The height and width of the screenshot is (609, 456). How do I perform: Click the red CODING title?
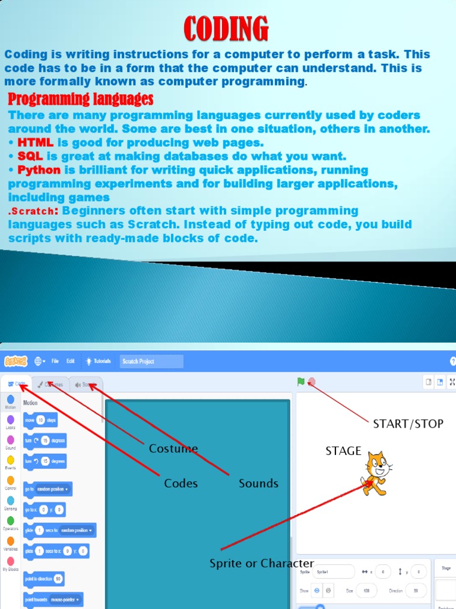point(226,29)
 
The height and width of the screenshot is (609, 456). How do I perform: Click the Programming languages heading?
point(81,99)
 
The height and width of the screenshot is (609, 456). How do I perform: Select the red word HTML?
point(36,143)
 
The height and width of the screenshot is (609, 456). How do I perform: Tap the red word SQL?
point(30,156)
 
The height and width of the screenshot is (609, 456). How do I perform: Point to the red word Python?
point(39,170)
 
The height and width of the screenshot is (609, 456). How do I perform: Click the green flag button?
point(301,382)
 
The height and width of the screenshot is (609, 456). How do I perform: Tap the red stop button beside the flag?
point(312,382)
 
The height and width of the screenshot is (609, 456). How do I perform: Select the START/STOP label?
point(408,424)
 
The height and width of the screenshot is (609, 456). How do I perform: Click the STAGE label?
point(343,451)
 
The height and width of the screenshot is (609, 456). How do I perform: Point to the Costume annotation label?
point(173,448)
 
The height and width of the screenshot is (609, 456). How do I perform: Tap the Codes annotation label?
point(180,484)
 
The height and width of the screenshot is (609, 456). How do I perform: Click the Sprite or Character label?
point(261,563)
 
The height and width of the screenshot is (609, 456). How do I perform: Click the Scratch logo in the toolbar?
point(15,361)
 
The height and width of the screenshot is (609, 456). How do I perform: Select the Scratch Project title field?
point(151,362)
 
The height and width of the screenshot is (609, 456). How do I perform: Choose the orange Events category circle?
point(11,460)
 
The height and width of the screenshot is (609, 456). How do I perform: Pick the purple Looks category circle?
point(11,420)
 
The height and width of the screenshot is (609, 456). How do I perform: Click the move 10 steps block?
point(40,420)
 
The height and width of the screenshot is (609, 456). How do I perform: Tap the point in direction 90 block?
point(43,579)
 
